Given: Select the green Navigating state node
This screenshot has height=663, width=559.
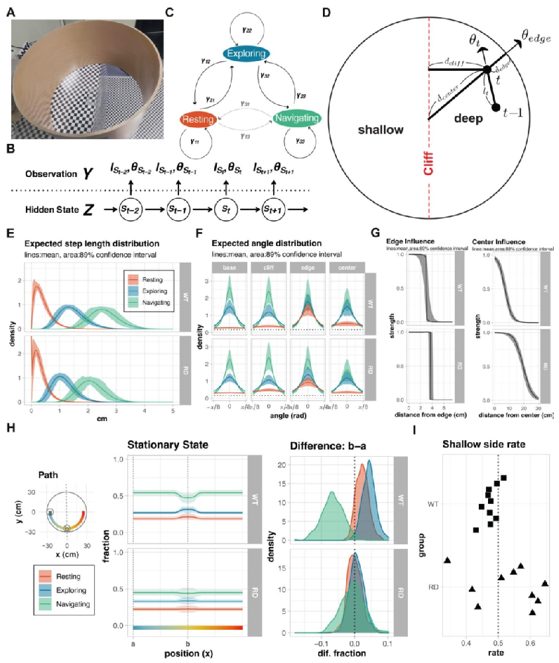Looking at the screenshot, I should pyautogui.click(x=297, y=119).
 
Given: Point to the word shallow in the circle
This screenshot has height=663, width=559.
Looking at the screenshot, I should pyautogui.click(x=379, y=130).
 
